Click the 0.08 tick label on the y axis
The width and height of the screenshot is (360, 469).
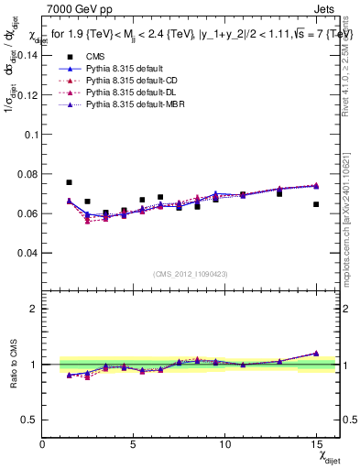pyautogui.click(x=28, y=174)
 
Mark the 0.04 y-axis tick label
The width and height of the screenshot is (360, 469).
pyautogui.click(x=28, y=253)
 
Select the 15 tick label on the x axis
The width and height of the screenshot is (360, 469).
pyautogui.click(x=316, y=444)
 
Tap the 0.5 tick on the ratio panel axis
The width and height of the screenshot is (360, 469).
pyautogui.click(x=32, y=420)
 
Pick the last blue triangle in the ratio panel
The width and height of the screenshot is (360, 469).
pyautogui.click(x=316, y=353)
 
